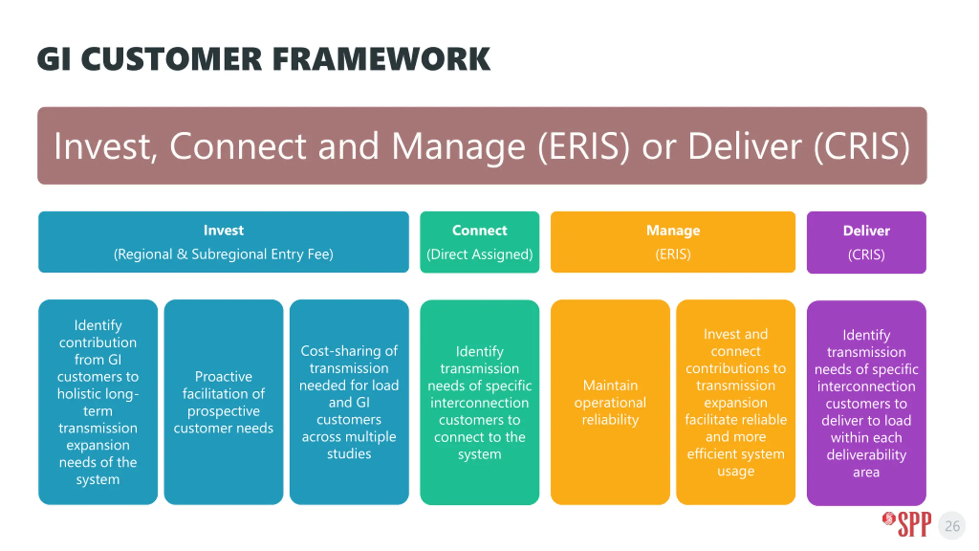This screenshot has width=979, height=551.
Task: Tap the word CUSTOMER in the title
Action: click(x=172, y=59)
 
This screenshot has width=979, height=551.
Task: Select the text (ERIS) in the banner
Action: click(x=584, y=147)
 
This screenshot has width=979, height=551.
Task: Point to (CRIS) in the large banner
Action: click(x=862, y=147)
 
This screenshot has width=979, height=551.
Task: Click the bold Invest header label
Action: click(x=223, y=230)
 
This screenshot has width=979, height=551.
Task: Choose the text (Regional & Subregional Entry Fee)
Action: click(x=223, y=254)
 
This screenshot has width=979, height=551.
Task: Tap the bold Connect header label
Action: click(x=480, y=230)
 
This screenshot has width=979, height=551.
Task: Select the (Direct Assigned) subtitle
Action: click(x=480, y=254)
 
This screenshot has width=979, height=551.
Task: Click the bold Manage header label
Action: click(x=673, y=231)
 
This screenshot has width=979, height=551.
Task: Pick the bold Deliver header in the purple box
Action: click(x=867, y=231)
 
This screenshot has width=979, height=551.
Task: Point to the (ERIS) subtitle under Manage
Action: click(x=673, y=254)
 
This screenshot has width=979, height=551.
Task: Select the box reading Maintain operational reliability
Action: click(x=610, y=402)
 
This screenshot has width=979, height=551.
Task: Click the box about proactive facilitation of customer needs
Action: click(x=224, y=402)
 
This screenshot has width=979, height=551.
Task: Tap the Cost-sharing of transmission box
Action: click(x=349, y=402)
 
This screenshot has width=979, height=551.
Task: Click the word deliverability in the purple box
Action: click(x=867, y=455)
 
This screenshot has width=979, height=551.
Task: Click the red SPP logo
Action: click(x=907, y=524)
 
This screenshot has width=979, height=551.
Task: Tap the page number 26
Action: click(x=952, y=526)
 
